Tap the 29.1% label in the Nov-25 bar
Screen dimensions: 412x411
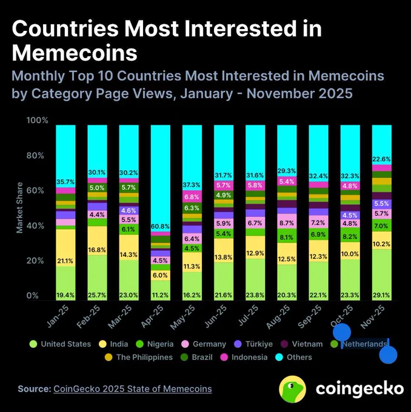pos(381,296)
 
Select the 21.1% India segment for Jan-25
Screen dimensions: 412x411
pos(65,261)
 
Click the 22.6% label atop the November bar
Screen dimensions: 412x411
pos(381,160)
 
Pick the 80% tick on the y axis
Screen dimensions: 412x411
pos(36,156)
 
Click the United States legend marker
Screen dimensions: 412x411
pos(33,344)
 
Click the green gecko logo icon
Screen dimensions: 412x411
pos(292,388)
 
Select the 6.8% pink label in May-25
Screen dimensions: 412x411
pos(192,197)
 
